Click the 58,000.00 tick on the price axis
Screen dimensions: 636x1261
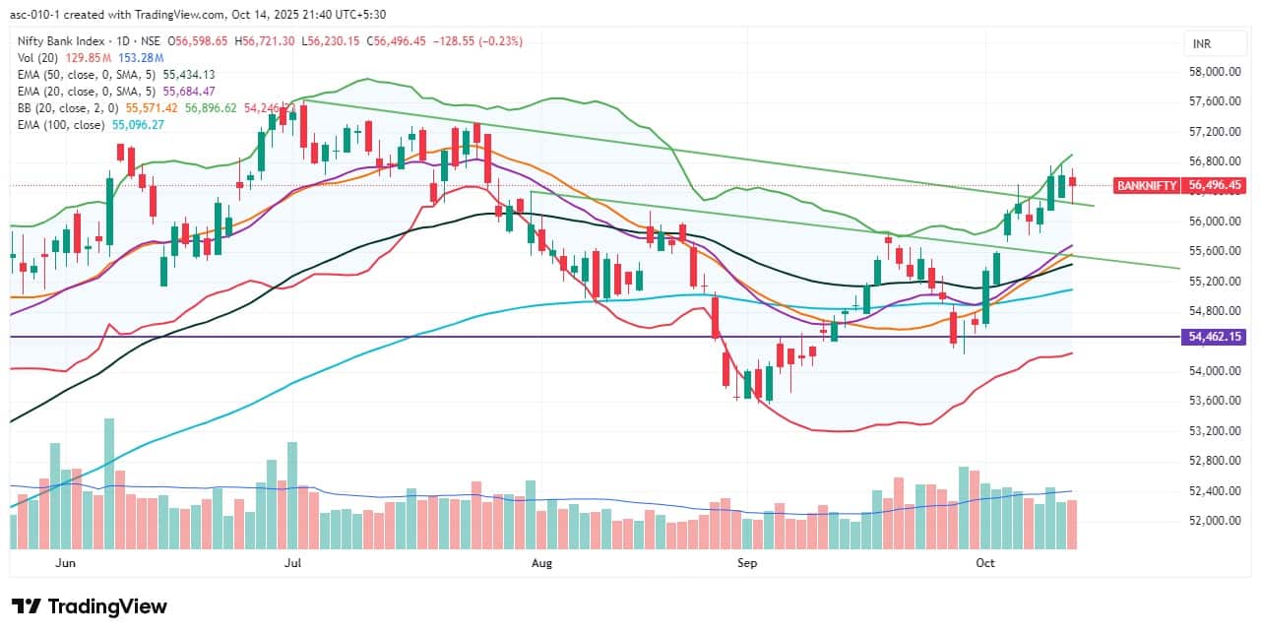[1213, 72]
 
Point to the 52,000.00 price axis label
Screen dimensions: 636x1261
[1213, 521]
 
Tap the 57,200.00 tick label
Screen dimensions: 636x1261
[1213, 132]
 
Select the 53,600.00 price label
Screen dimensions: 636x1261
[1213, 401]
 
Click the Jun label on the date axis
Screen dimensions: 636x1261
[66, 563]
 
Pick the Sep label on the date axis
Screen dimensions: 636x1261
[747, 563]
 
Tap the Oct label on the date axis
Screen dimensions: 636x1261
[985, 563]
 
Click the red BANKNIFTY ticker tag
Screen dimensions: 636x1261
[1147, 185]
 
